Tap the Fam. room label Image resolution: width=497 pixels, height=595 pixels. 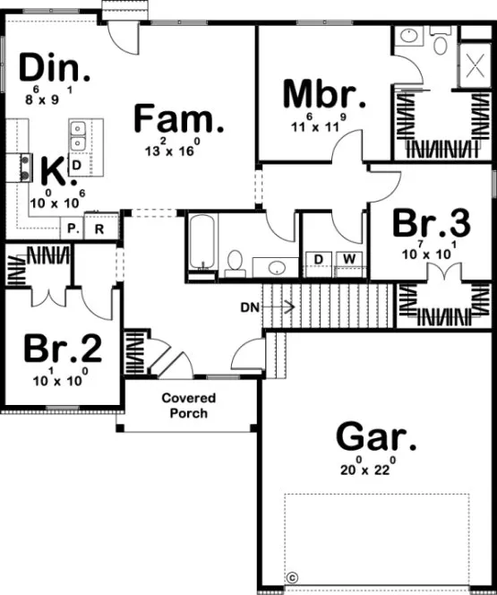point(179,119)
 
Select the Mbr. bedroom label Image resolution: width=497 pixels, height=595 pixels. point(323,94)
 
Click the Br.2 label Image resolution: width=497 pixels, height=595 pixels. point(63,349)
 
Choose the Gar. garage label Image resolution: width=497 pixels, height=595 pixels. point(375,438)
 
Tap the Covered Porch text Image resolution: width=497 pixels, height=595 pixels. point(189,405)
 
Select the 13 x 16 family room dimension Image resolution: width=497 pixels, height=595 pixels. point(173,150)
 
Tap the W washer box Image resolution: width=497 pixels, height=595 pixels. point(349,260)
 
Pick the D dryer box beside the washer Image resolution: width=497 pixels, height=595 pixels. point(318,260)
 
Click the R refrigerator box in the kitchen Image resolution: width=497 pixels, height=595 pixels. point(100,229)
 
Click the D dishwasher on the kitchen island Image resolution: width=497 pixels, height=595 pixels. point(77,166)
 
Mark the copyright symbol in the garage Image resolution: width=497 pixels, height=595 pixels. point(291,577)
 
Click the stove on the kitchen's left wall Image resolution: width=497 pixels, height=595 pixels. point(18,168)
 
